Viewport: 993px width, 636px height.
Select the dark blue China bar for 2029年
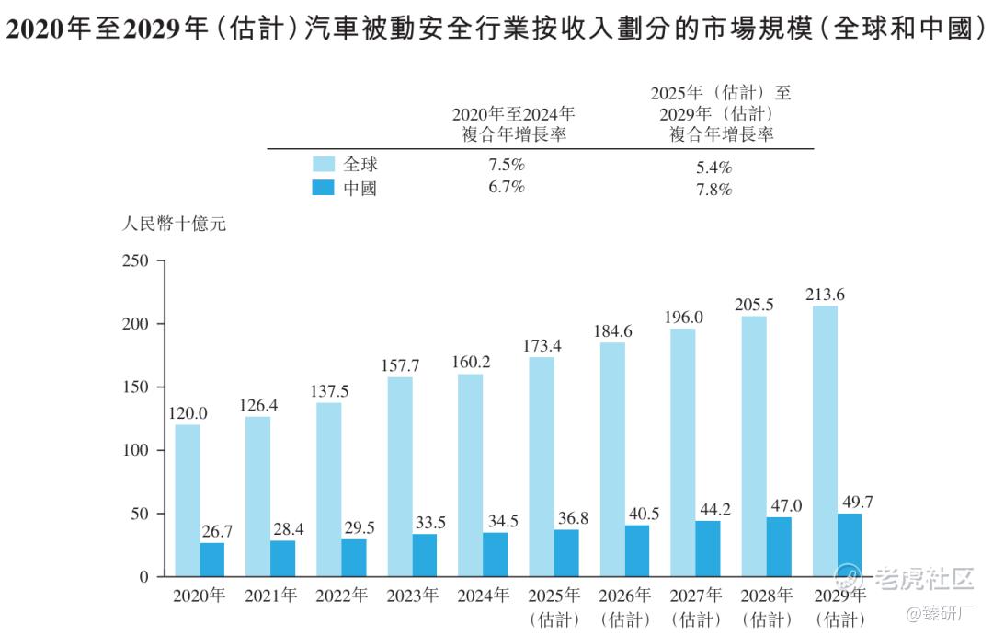pyautogui.click(x=850, y=545)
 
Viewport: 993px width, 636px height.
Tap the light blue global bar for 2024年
pyautogui.click(x=471, y=475)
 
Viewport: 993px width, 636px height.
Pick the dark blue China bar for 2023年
pyautogui.click(x=425, y=555)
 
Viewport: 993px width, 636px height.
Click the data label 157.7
pyautogui.click(x=400, y=365)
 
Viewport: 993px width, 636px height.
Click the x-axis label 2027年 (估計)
pyautogui.click(x=695, y=607)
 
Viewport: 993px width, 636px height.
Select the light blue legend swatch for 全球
pyautogui.click(x=324, y=165)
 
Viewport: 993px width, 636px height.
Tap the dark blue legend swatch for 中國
pyautogui.click(x=324, y=189)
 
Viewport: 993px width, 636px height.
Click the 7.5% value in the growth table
pyautogui.click(x=506, y=166)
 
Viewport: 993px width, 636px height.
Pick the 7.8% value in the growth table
pyautogui.click(x=713, y=190)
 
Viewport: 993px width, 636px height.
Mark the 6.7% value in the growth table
pyautogui.click(x=506, y=189)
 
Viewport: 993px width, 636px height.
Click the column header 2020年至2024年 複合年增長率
pyautogui.click(x=513, y=124)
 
